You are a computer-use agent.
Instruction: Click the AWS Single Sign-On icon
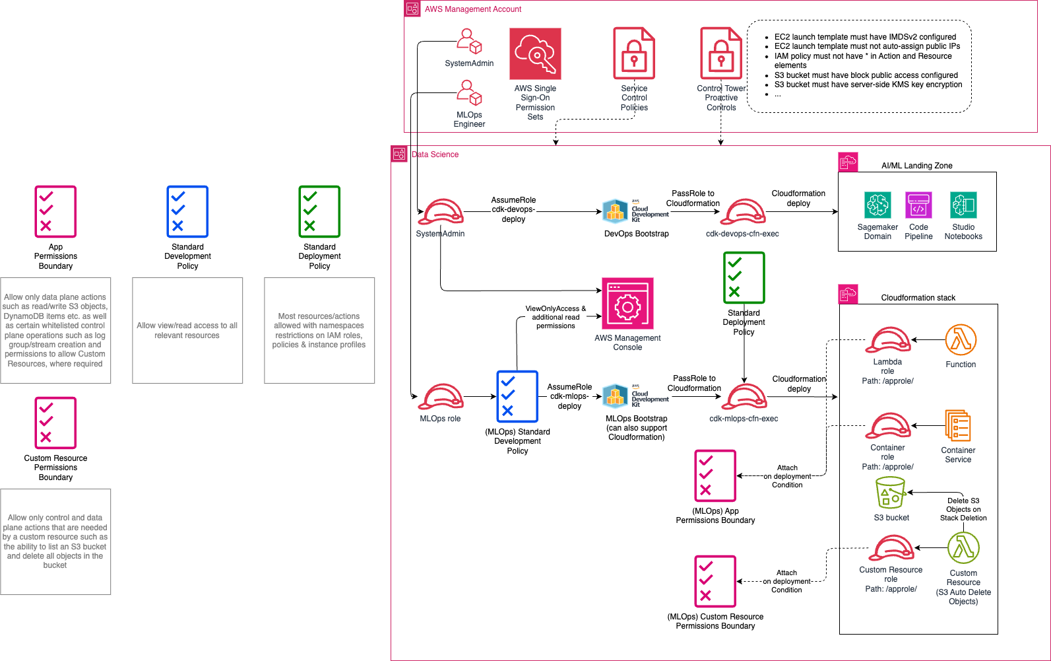pyautogui.click(x=535, y=53)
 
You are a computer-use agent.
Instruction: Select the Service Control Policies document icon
pyautogui.click(x=633, y=53)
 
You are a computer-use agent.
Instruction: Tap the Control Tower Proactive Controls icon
pyautogui.click(x=720, y=53)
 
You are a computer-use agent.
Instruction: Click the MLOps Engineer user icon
pyautogui.click(x=469, y=93)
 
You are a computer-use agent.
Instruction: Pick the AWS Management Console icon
pyautogui.click(x=627, y=303)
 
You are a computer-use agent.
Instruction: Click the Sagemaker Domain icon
pyautogui.click(x=877, y=205)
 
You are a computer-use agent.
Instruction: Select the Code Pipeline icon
pyautogui.click(x=918, y=205)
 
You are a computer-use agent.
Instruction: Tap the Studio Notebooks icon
pyautogui.click(x=963, y=205)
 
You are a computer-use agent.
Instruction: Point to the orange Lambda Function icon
pyautogui.click(x=961, y=340)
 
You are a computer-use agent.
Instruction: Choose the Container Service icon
pyautogui.click(x=958, y=426)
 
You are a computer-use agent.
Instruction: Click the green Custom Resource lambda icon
pyautogui.click(x=963, y=548)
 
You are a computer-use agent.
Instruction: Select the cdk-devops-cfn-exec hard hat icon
pyautogui.click(x=743, y=212)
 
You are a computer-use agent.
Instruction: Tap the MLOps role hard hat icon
pyautogui.click(x=440, y=397)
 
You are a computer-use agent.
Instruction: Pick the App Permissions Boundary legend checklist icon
pyautogui.click(x=55, y=211)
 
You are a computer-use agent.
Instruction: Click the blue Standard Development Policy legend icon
pyautogui.click(x=187, y=211)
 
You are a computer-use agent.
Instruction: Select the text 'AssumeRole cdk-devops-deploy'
pyautogui.click(x=513, y=209)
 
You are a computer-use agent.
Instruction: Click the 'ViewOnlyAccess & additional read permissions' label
pyautogui.click(x=556, y=317)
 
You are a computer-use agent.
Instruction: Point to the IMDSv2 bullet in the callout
pyautogui.click(x=864, y=37)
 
